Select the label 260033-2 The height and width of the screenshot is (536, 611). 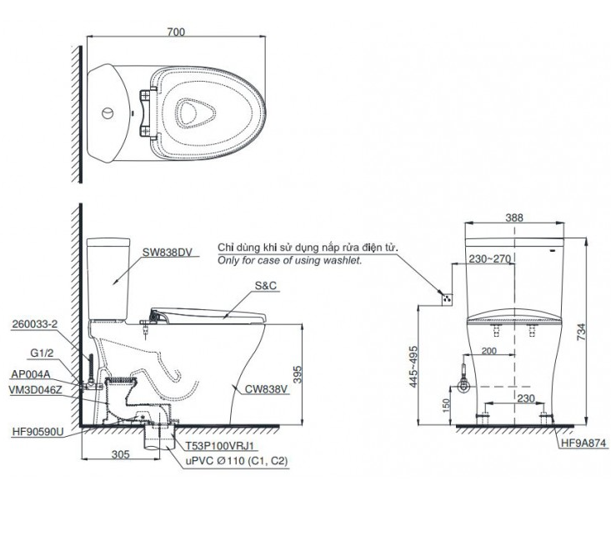point(36,323)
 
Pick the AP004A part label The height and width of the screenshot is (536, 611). point(33,375)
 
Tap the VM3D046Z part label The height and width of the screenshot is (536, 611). point(37,390)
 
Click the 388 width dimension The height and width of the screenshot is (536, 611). point(514,218)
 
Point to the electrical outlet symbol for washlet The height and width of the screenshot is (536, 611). point(447,297)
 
